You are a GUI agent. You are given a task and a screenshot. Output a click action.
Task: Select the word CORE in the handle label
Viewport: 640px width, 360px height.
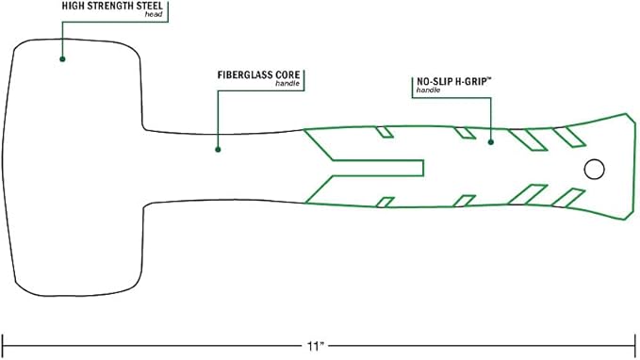click(x=287, y=75)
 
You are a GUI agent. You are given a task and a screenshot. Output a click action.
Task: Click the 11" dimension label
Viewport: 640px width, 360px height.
click(x=315, y=347)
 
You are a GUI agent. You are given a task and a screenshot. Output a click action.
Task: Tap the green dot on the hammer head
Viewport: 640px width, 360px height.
click(x=62, y=59)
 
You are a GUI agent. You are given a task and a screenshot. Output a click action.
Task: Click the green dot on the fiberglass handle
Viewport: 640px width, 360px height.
click(x=218, y=150)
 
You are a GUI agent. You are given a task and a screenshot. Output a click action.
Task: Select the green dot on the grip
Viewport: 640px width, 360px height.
click(x=491, y=142)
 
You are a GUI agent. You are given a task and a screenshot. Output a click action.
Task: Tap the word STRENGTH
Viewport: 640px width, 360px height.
click(x=107, y=6)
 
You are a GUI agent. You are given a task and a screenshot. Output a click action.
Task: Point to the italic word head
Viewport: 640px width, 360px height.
click(x=154, y=15)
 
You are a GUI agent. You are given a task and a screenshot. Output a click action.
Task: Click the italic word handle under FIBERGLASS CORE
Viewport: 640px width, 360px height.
click(x=287, y=84)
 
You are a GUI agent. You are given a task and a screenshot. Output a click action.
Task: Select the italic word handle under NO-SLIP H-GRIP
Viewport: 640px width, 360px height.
click(x=428, y=90)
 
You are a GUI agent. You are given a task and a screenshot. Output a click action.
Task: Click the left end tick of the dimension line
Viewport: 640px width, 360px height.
click(x=3, y=347)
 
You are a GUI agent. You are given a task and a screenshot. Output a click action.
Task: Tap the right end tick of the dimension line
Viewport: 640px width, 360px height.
click(x=635, y=347)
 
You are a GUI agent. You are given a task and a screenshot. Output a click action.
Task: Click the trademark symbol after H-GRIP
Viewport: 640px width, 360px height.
click(x=489, y=78)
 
